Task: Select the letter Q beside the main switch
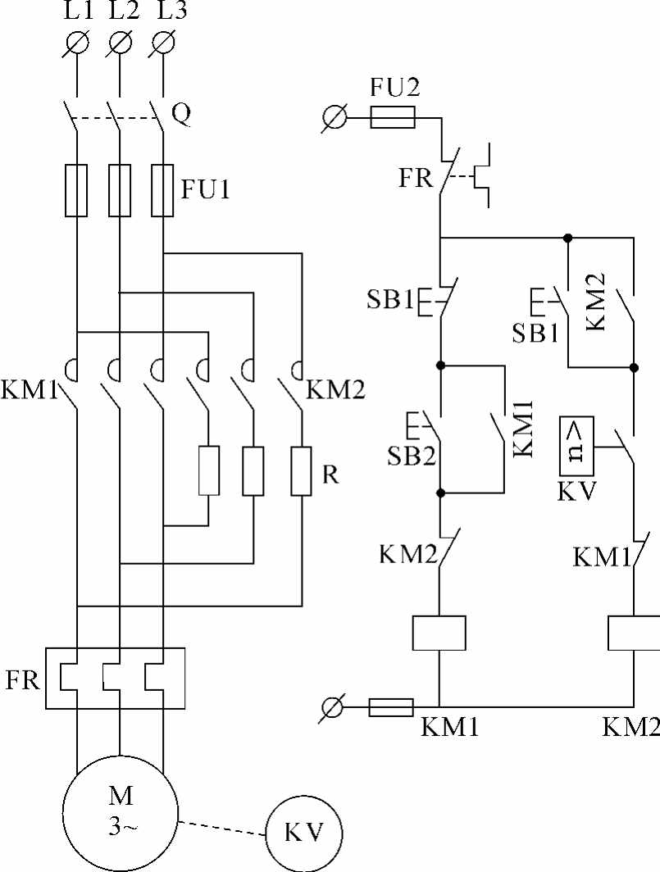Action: [183, 115]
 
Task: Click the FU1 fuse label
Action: [206, 191]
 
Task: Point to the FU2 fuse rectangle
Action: [394, 119]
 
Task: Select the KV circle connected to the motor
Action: [304, 833]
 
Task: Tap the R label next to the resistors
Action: [330, 475]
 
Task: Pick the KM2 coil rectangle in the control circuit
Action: [634, 633]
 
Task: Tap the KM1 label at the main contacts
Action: [30, 389]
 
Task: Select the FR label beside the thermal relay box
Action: [22, 679]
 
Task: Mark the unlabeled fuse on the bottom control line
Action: [391, 706]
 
